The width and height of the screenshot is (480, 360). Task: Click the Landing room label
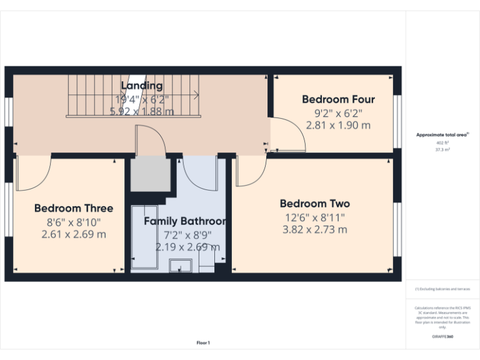tap(142, 86)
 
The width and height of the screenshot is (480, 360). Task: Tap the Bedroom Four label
tap(338, 99)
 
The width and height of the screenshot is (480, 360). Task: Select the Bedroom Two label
tap(314, 204)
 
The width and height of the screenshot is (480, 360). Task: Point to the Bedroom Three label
tap(73, 208)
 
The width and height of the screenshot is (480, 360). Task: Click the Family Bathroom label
tap(184, 221)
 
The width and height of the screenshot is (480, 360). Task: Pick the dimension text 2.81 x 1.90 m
tap(338, 125)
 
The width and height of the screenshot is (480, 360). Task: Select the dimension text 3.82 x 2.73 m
tap(314, 229)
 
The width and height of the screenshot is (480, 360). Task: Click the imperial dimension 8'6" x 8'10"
tap(73, 222)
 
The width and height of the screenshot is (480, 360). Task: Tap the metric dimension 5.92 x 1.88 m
tap(142, 111)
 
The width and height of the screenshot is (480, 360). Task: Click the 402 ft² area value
tap(442, 143)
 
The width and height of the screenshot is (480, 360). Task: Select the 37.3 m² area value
tap(442, 150)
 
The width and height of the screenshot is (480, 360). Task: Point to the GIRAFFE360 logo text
tap(442, 336)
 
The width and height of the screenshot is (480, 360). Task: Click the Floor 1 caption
tap(203, 342)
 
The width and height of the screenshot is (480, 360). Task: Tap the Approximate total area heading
tap(442, 134)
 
